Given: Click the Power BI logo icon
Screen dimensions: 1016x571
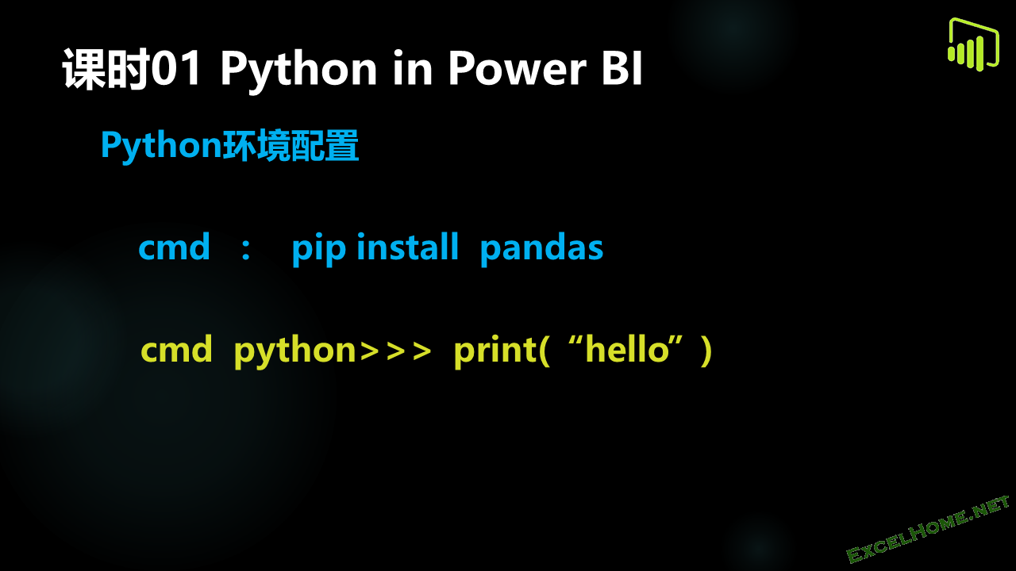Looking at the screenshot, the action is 973,44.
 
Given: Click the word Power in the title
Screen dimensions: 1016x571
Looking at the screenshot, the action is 517,68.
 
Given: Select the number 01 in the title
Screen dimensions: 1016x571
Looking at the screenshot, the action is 176,68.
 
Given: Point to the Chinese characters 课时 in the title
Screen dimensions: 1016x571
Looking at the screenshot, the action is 106,69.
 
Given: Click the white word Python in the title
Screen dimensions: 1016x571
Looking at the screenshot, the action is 298,71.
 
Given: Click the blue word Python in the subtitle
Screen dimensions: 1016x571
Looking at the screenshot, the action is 161,146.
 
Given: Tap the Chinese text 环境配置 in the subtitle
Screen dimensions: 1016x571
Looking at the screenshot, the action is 291,145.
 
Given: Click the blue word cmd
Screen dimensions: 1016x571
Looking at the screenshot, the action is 174,247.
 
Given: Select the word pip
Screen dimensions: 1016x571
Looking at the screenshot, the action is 319,249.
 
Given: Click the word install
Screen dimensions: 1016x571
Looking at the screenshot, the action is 408,247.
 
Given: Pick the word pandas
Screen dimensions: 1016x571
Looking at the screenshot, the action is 541,248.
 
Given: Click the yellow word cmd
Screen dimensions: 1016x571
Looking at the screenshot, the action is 176,349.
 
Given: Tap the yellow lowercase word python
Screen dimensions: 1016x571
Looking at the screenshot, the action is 294,351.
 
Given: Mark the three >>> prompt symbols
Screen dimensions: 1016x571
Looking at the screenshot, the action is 395,351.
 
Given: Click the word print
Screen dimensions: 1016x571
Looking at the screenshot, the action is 495,351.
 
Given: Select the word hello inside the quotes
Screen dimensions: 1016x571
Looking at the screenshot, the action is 628,349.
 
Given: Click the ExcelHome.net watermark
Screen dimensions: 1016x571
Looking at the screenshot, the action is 928,529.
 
